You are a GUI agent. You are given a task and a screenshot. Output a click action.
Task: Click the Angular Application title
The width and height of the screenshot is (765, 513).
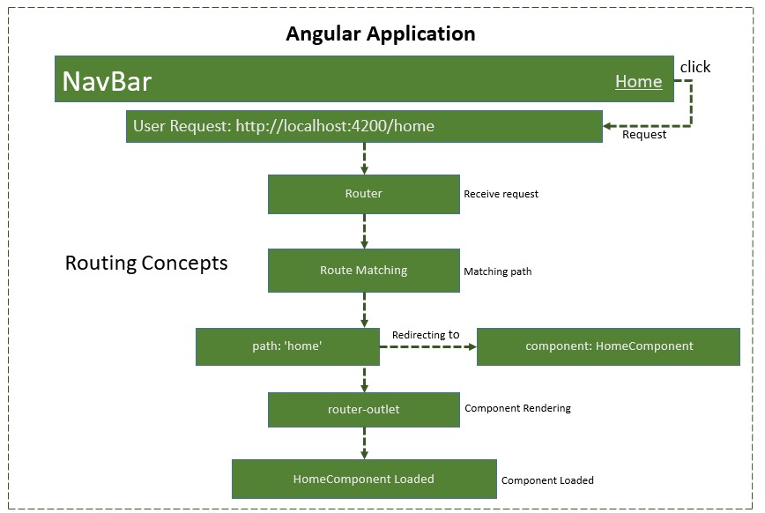pos(381,34)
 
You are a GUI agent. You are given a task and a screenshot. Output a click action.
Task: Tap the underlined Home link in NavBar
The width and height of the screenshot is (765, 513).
pos(638,82)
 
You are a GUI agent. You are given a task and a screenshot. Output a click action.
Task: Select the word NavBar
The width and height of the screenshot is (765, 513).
pos(107,82)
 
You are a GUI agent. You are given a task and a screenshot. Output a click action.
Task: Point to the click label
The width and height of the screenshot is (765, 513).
pos(694,67)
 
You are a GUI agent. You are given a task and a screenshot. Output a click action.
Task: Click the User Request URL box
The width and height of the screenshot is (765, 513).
pos(364,126)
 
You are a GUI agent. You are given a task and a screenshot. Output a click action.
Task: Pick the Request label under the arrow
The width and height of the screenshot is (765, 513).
pos(644,135)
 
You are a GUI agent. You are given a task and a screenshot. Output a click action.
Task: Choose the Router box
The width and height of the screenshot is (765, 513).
pos(363,193)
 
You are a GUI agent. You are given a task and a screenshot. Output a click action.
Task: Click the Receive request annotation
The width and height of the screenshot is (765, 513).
pos(501,194)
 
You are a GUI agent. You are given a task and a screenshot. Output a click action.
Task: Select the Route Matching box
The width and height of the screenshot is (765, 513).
pos(363,270)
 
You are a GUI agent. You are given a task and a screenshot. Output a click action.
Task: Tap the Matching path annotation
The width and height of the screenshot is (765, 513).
pos(497,271)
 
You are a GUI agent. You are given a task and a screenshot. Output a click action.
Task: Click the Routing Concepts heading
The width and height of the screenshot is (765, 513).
pos(146,263)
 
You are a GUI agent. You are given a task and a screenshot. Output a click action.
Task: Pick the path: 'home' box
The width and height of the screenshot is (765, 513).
pos(287,346)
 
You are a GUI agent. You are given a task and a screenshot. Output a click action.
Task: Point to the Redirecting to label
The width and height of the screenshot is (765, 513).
pos(426,335)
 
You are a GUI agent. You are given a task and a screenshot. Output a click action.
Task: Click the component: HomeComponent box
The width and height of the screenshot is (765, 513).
pos(608,346)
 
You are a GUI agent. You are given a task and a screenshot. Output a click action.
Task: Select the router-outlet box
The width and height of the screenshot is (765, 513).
pos(363,410)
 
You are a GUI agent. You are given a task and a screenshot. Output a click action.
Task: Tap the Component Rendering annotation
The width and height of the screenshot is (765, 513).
pos(517,408)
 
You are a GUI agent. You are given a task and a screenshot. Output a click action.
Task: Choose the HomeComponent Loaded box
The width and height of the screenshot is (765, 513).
pos(363,479)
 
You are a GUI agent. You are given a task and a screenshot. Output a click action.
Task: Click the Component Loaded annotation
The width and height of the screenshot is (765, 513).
pos(547,480)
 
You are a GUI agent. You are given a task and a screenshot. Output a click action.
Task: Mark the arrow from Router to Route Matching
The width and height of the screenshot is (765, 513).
pos(364,231)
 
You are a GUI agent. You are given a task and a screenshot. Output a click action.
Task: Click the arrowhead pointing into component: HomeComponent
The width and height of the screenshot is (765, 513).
pos(472,347)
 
